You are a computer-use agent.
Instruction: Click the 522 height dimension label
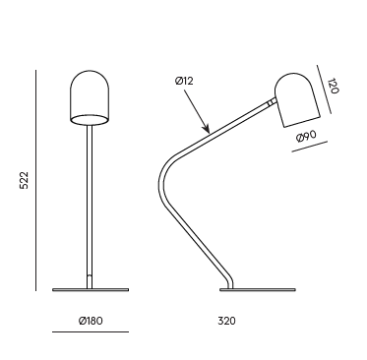tap(25, 180)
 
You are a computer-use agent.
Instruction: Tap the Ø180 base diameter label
tap(91, 321)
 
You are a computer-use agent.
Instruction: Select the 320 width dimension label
tap(226, 321)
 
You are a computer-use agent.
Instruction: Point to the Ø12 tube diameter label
tap(184, 81)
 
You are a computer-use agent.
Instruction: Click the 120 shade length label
tap(333, 86)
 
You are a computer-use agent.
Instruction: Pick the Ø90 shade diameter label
tap(306, 136)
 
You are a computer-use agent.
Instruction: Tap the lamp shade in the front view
tap(89, 97)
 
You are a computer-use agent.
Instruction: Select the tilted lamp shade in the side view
tap(297, 100)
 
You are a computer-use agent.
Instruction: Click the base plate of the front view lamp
tap(91, 289)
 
